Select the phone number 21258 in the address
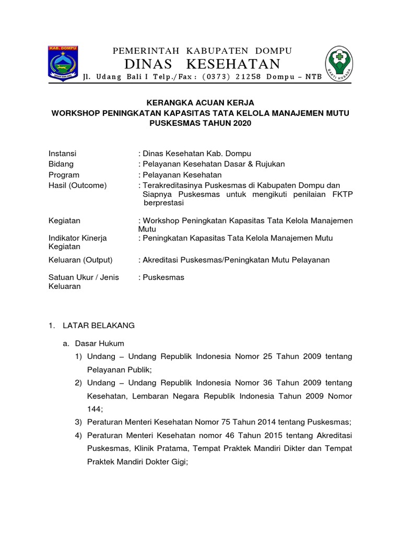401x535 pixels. (x=246, y=77)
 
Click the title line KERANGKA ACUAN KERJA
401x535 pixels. (x=200, y=103)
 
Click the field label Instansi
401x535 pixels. (x=62, y=154)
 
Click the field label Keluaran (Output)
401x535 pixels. (x=80, y=260)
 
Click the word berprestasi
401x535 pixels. (x=164, y=203)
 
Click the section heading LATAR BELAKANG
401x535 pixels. (x=99, y=325)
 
